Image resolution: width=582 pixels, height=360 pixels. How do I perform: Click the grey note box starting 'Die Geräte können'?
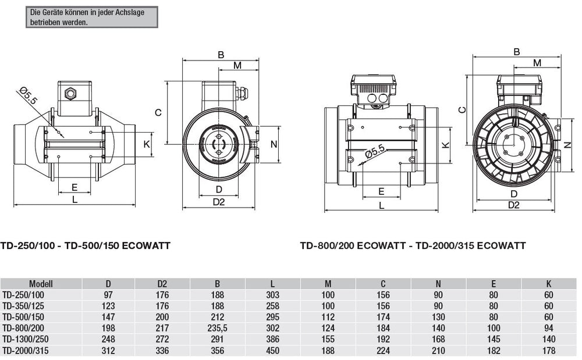(x=91, y=17)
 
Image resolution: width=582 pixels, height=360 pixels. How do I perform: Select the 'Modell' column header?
(x=41, y=284)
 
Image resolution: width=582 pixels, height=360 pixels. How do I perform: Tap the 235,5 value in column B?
(x=217, y=328)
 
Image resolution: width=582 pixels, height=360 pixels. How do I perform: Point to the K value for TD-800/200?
(x=548, y=328)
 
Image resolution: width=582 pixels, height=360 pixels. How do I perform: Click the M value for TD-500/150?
(x=328, y=317)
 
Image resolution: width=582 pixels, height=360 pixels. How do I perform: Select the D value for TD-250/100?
(x=108, y=295)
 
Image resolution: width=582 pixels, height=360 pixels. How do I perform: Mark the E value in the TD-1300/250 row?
(x=494, y=339)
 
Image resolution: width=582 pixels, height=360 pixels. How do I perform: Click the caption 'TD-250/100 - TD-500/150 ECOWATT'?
(x=86, y=245)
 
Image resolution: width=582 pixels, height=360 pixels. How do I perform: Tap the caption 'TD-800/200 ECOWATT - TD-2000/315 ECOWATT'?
(x=413, y=245)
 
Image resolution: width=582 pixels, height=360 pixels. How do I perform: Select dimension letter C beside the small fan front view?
(x=158, y=113)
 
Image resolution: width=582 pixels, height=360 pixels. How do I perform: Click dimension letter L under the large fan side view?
(x=381, y=205)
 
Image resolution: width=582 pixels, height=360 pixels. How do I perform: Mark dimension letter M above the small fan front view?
(x=237, y=65)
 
